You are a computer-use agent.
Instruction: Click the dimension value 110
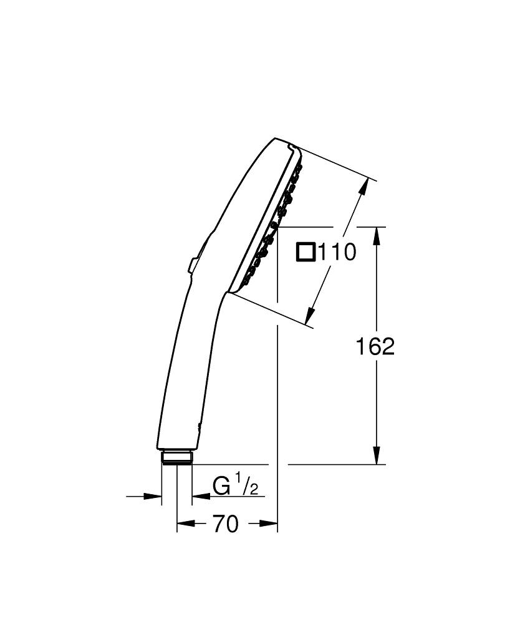click(337, 252)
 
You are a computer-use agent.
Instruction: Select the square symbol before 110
click(306, 252)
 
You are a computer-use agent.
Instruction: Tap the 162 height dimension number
click(375, 346)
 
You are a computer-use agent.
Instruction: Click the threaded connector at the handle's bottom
click(177, 457)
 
